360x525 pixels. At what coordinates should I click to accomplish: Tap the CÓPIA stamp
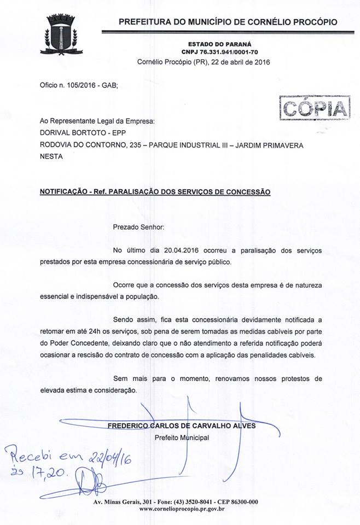pos(314,107)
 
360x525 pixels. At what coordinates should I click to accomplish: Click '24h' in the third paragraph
pos(105,330)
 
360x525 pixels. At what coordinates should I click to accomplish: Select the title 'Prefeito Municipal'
pos(182,437)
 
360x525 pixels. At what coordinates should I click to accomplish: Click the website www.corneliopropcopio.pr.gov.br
pos(182,509)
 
